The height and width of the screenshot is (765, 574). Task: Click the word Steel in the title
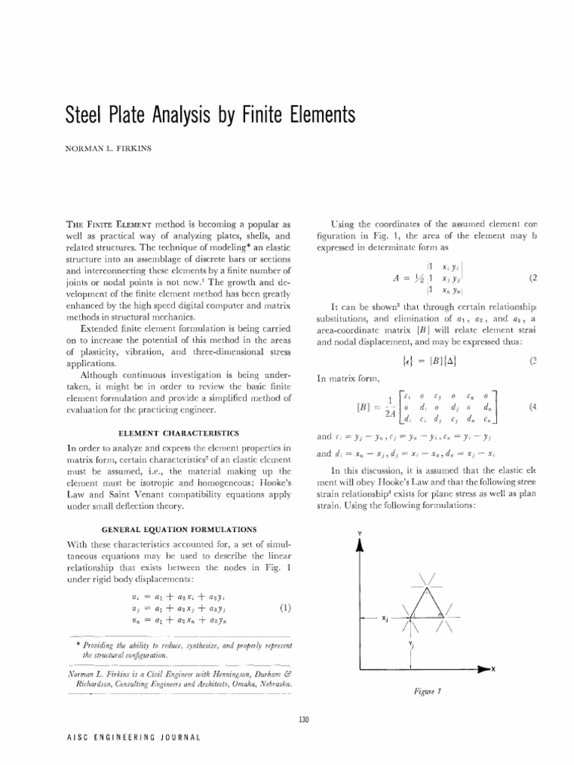tap(83, 116)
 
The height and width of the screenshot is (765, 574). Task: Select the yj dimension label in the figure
tap(411, 644)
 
